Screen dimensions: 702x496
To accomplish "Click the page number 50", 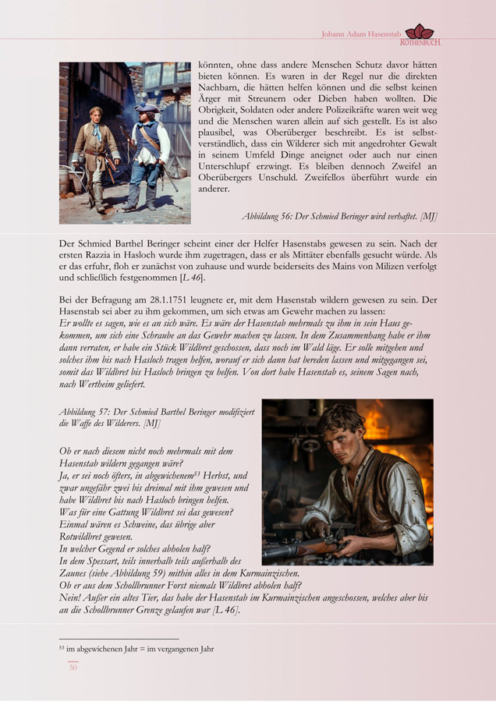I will [x=73, y=668].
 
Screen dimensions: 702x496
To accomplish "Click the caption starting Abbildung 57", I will [x=156, y=417].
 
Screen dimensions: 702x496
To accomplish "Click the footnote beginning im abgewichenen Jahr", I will [x=136, y=648].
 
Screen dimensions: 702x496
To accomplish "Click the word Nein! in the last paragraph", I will [x=72, y=597].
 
